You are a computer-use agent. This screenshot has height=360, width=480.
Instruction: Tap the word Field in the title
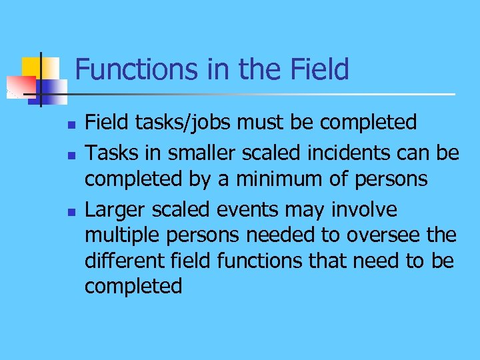[x=318, y=69]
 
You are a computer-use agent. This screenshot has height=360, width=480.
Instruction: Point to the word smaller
[x=193, y=153]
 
